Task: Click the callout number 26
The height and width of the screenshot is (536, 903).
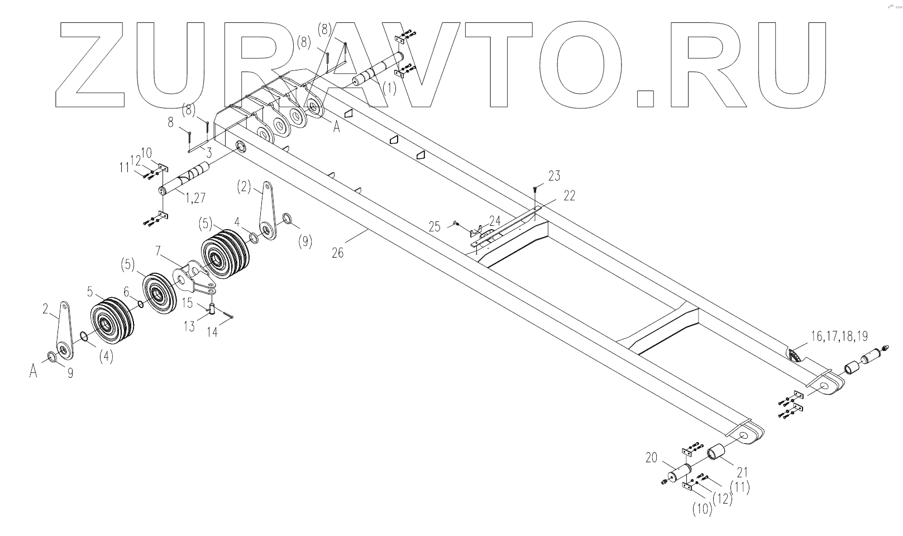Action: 337,253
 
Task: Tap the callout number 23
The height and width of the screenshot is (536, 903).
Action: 553,176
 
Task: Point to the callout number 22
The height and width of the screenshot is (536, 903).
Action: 568,195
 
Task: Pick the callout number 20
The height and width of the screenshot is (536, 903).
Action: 652,457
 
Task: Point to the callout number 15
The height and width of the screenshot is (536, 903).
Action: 187,302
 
